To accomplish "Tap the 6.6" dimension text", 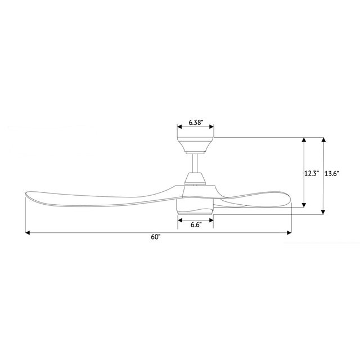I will click(x=196, y=225).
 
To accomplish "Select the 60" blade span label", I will click(x=156, y=237).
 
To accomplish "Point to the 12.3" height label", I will click(x=312, y=174).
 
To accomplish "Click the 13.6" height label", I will click(x=332, y=174).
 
